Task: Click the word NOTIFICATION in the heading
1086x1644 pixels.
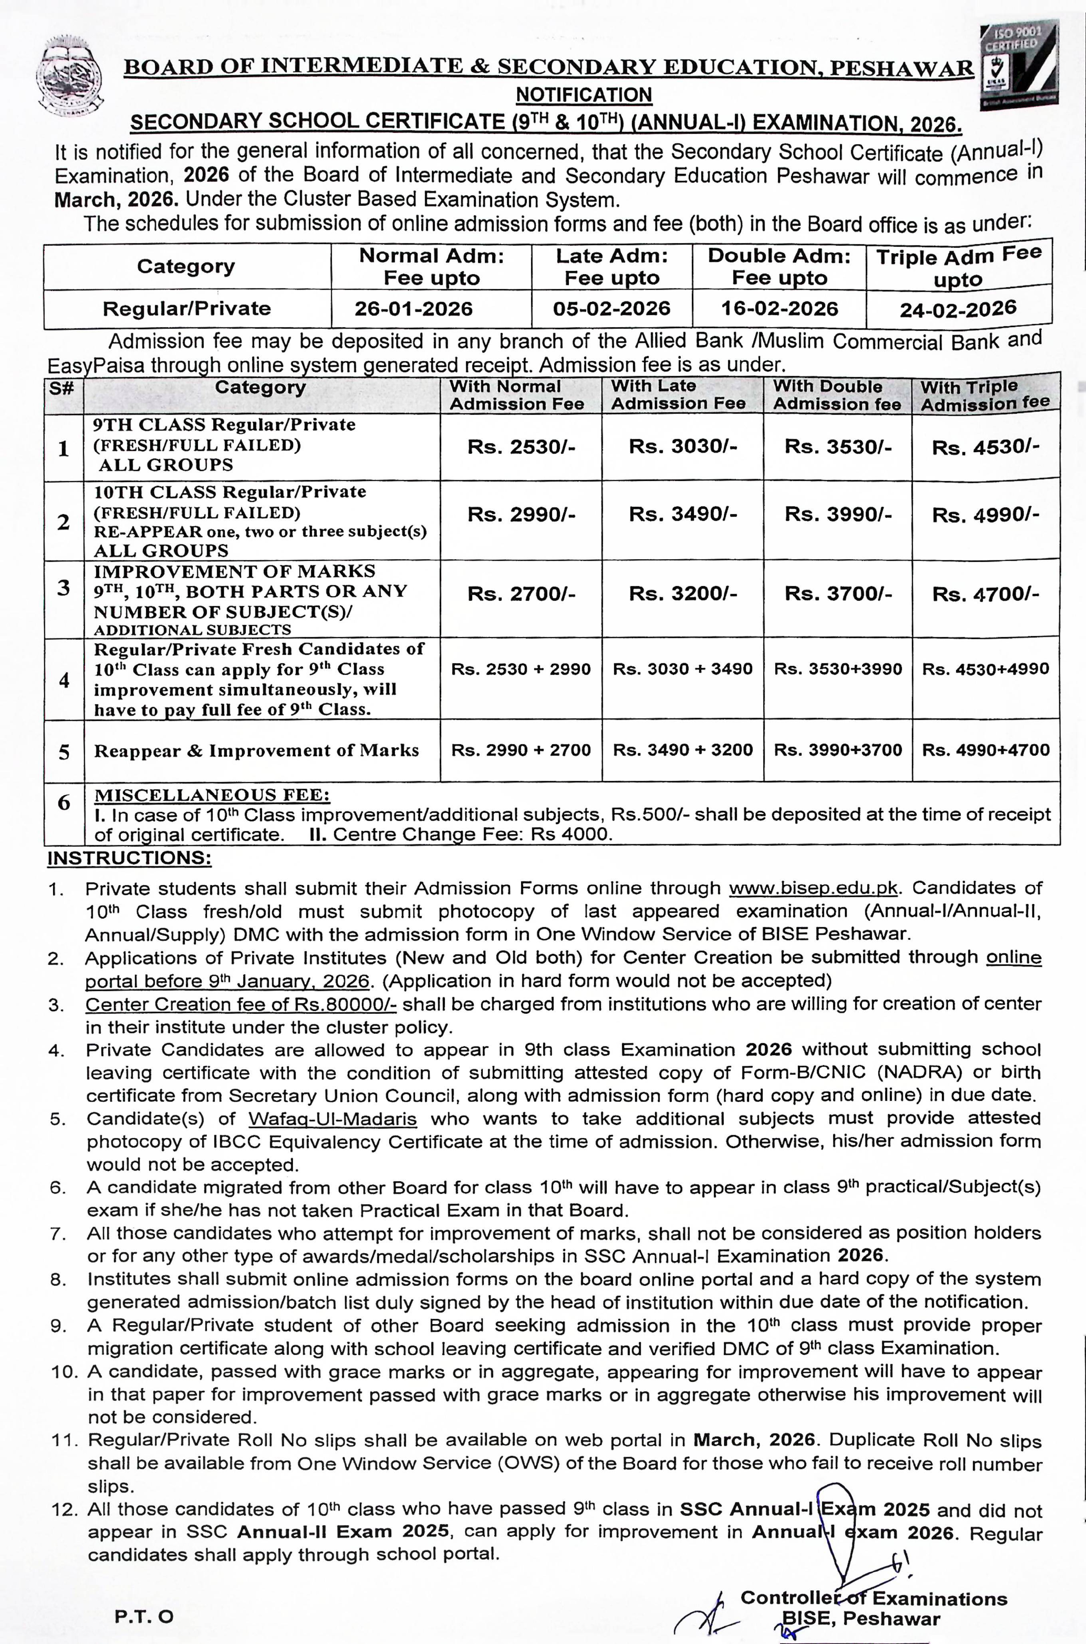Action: (x=584, y=94)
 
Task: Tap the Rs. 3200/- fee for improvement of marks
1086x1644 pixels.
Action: (x=683, y=594)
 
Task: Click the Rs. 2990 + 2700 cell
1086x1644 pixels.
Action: (x=521, y=750)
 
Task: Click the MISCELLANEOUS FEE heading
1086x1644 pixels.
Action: (x=212, y=794)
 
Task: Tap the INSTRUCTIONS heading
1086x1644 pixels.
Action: (x=129, y=859)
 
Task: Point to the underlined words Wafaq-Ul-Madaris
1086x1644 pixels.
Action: (x=332, y=1119)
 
